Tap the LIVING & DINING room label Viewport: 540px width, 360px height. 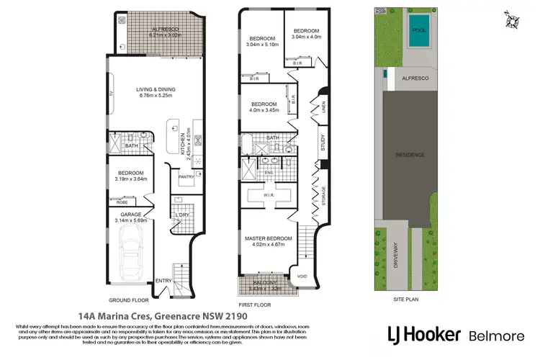157,91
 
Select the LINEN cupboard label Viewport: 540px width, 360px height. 324,107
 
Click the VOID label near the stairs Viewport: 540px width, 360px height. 302,274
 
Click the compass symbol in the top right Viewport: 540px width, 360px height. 510,19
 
